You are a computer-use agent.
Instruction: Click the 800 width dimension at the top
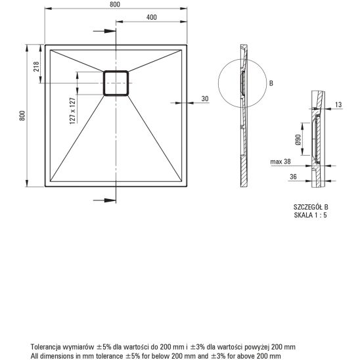click(x=116, y=4)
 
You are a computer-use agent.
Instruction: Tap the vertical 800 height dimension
click(x=22, y=116)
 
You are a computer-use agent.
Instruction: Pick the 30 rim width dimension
click(x=204, y=99)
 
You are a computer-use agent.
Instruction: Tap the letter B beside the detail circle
click(x=269, y=83)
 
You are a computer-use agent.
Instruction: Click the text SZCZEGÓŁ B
click(x=310, y=206)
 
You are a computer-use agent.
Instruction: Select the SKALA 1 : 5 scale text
click(x=310, y=214)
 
